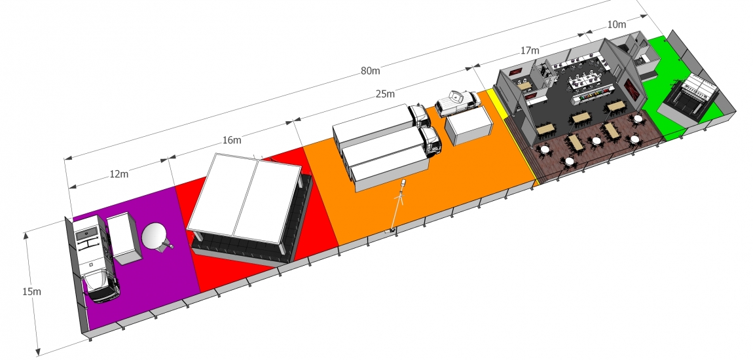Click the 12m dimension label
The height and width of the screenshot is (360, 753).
(x=119, y=173)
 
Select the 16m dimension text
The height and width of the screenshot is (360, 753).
(x=232, y=140)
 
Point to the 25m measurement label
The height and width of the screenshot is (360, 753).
(x=385, y=94)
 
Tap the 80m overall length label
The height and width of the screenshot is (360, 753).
(x=370, y=71)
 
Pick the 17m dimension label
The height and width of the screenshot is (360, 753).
(x=530, y=50)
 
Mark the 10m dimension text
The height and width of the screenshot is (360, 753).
(x=617, y=24)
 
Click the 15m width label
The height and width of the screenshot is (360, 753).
(x=31, y=291)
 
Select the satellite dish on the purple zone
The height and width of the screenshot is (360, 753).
(x=156, y=238)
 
